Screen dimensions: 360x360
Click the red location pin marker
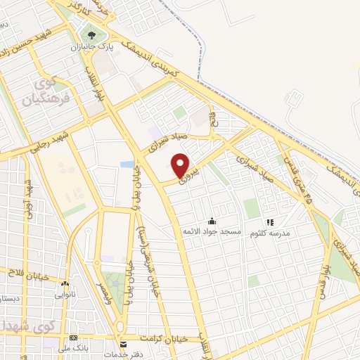pos(181,165)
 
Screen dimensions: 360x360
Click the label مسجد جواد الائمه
pos(212,232)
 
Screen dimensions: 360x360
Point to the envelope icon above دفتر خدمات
pos(124,345)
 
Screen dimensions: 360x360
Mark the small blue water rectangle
pos(127,165)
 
